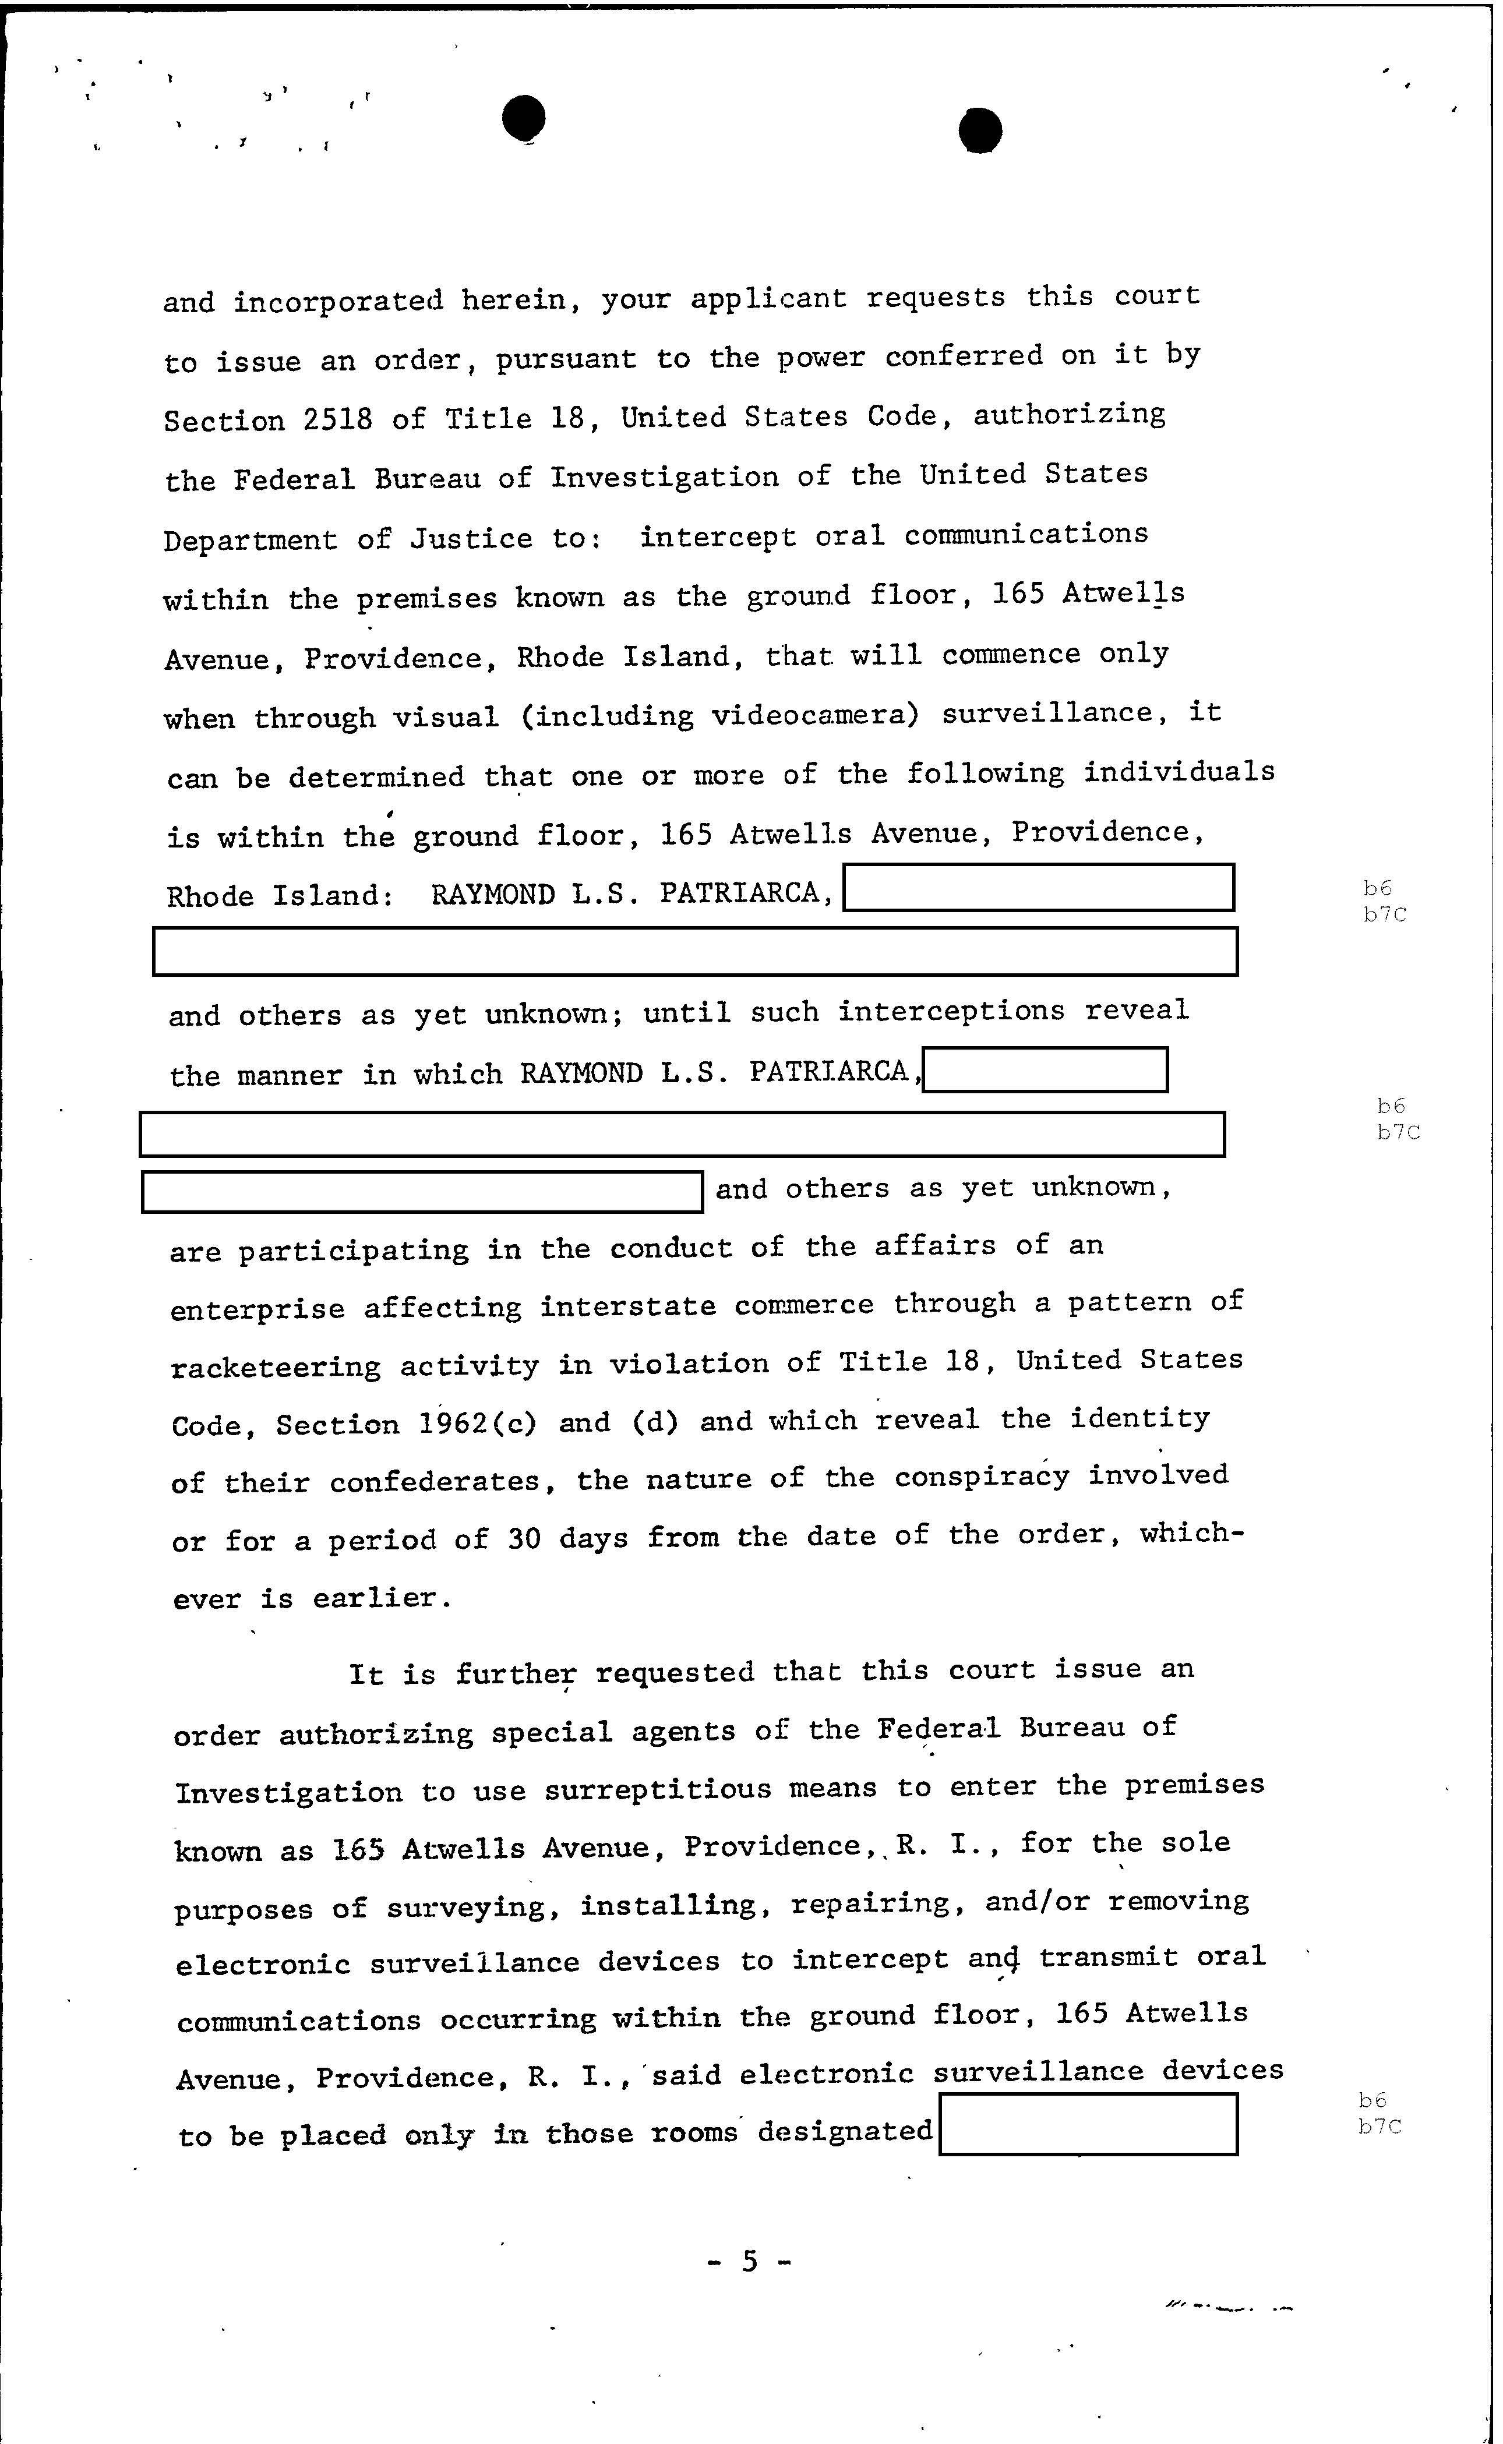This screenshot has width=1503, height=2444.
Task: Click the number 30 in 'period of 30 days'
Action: click(524, 1539)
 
